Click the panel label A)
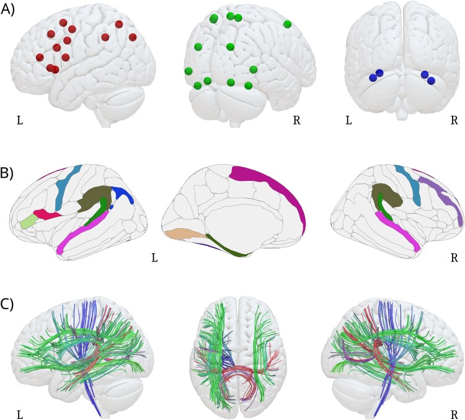point(9,10)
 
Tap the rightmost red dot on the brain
point(133,37)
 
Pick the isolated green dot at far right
point(287,24)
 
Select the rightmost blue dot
point(431,80)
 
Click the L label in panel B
point(155,256)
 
